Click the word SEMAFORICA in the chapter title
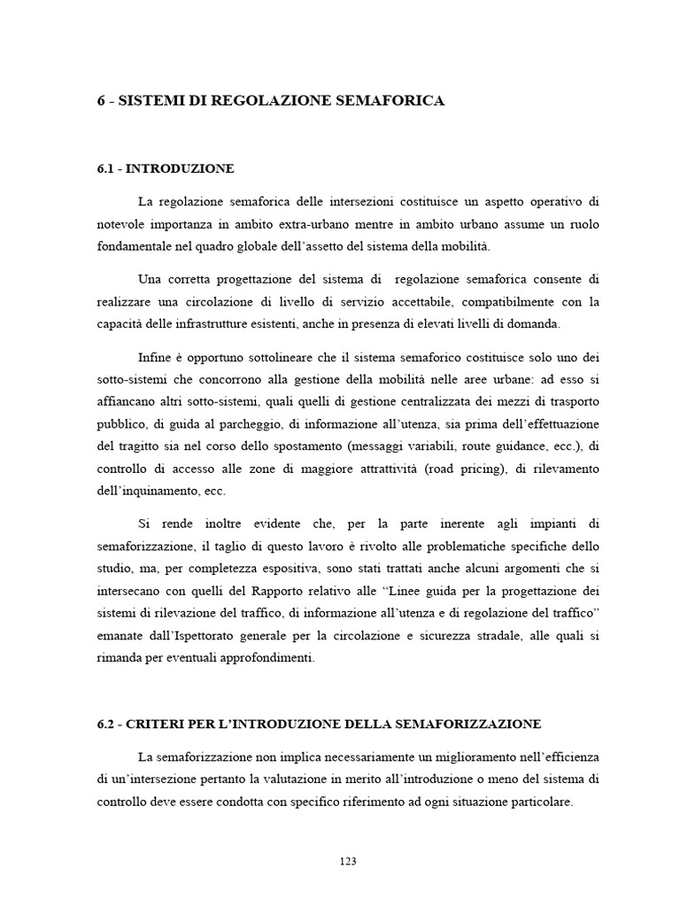(392, 101)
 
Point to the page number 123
(347, 861)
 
